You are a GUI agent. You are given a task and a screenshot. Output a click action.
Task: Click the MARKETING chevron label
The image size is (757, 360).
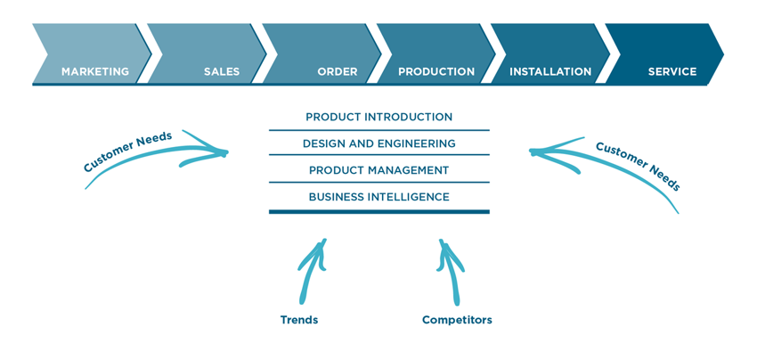[x=95, y=72]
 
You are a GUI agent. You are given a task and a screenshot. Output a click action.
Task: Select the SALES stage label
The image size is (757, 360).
[x=222, y=72]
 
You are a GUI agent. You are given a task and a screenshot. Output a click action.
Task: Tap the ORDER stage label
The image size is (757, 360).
[x=338, y=72]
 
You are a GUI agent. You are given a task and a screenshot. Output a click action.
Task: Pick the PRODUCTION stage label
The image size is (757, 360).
[x=436, y=72]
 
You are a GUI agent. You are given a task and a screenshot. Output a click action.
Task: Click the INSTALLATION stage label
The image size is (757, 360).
[x=550, y=72]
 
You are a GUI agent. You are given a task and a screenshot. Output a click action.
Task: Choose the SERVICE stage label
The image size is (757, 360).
[x=672, y=72]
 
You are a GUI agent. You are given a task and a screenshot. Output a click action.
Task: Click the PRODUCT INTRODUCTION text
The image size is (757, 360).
[x=379, y=117]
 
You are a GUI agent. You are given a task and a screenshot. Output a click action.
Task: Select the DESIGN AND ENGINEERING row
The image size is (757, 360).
[x=379, y=143]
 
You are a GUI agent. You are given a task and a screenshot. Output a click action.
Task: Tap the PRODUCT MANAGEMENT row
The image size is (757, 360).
[x=379, y=170]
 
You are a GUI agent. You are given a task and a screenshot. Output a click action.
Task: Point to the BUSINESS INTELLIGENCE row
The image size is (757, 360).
[x=379, y=197]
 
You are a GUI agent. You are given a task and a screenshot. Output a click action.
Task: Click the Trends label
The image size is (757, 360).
[x=299, y=320]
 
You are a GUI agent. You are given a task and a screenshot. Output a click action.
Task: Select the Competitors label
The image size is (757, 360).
[x=457, y=320]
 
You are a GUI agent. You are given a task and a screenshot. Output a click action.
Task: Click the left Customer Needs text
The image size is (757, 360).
[x=127, y=151]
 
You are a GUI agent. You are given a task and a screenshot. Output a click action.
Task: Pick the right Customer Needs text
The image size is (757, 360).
[x=639, y=166]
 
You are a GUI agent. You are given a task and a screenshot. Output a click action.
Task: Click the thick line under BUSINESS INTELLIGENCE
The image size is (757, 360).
[x=379, y=212]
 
